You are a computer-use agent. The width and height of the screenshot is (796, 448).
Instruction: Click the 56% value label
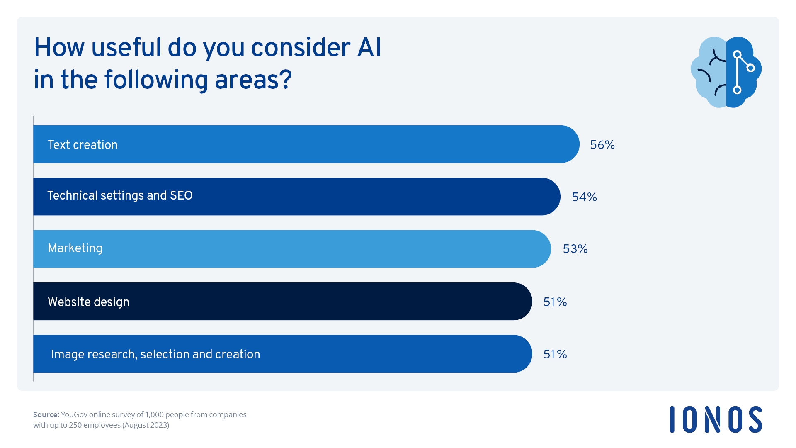[x=602, y=145]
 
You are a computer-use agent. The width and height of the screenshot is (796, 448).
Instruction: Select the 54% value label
[x=584, y=197]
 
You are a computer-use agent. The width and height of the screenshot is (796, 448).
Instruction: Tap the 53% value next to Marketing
[x=575, y=249]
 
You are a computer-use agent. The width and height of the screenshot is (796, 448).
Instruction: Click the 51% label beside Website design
[x=555, y=302]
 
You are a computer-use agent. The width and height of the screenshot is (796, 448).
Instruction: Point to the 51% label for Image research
[x=555, y=354]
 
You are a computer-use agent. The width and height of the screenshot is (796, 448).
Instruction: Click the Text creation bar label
[x=83, y=145]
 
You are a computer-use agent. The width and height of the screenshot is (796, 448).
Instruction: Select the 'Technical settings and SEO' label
[x=120, y=195]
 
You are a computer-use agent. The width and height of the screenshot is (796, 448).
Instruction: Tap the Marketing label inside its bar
[x=75, y=248]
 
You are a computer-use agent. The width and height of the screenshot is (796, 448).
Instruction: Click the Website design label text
[x=88, y=302]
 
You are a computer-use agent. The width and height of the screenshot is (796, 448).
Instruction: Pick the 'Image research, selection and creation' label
[x=155, y=354]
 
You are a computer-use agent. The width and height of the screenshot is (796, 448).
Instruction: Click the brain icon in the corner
[x=726, y=72]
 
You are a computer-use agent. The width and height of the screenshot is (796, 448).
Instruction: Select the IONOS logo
[x=716, y=419]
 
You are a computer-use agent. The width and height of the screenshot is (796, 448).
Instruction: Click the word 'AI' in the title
[x=369, y=47]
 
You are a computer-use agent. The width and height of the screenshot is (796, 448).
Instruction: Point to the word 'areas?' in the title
[x=253, y=80]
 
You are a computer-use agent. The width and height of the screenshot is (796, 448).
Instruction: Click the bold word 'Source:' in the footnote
[x=46, y=414]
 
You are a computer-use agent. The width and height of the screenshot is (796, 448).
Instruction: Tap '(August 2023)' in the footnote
[x=146, y=425]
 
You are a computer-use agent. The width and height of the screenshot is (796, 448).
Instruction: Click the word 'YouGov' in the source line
[x=74, y=414]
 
